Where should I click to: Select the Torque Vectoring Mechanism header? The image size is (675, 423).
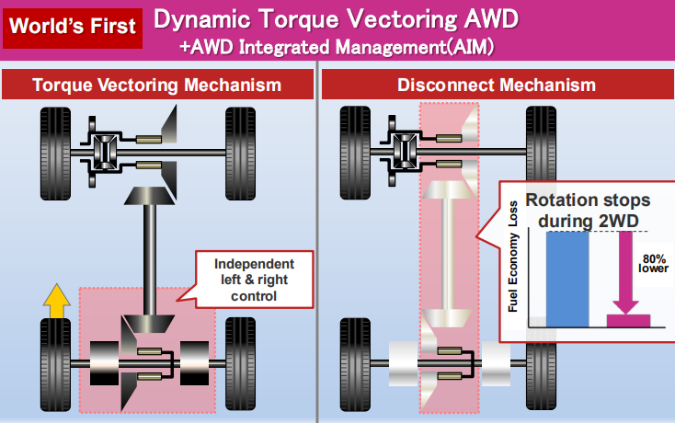coord(156,86)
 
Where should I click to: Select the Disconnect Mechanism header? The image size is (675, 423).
coord(496,86)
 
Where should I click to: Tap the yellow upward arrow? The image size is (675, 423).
coord(56,301)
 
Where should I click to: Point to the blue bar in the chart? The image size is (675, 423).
coord(566,279)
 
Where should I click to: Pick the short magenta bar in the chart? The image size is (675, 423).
coord(629,320)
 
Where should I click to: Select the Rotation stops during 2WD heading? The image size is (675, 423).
coord(588,210)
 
